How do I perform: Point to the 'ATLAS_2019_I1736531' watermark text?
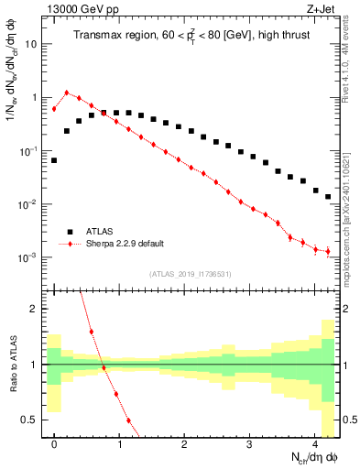190,274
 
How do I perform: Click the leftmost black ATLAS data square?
54,160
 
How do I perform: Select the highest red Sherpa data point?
67,93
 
